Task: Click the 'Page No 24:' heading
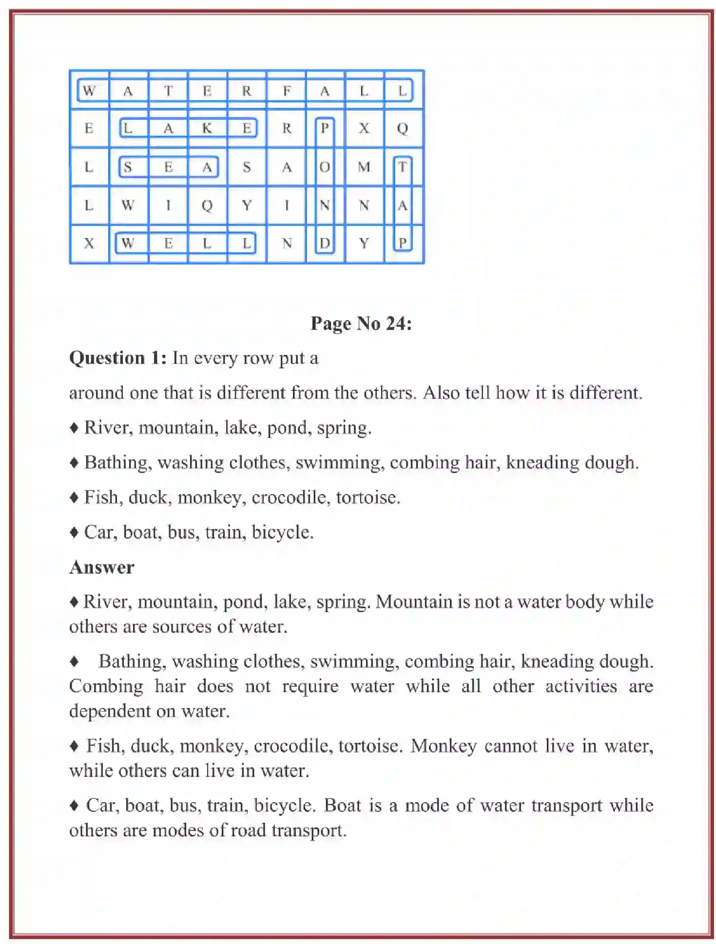361,324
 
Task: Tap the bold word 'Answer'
101,567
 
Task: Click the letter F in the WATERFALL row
287,91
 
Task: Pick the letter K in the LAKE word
207,128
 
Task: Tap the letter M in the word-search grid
364,167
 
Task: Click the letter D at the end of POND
325,243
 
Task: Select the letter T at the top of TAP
402,167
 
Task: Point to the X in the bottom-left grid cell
89,243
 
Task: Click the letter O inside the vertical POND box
325,167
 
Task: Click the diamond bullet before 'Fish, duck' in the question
74,498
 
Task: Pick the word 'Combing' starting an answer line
106,686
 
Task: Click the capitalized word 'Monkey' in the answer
443,746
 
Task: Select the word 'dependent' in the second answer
108,712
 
